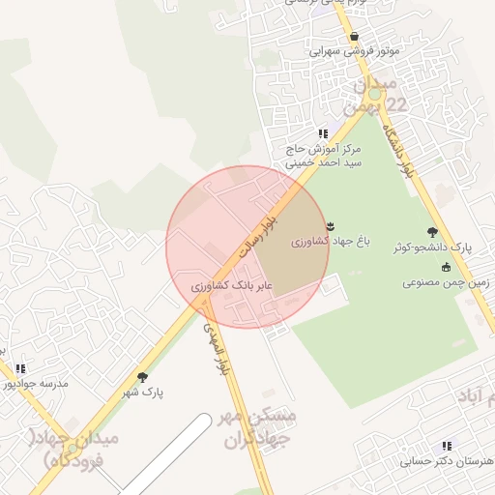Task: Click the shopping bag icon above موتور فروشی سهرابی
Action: (355, 36)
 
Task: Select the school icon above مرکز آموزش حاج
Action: (322, 133)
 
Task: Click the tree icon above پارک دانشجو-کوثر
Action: (432, 232)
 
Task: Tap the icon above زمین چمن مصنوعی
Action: (446, 268)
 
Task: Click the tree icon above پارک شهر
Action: (143, 377)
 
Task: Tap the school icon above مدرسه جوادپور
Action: (20, 368)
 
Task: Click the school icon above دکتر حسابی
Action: (446, 446)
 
